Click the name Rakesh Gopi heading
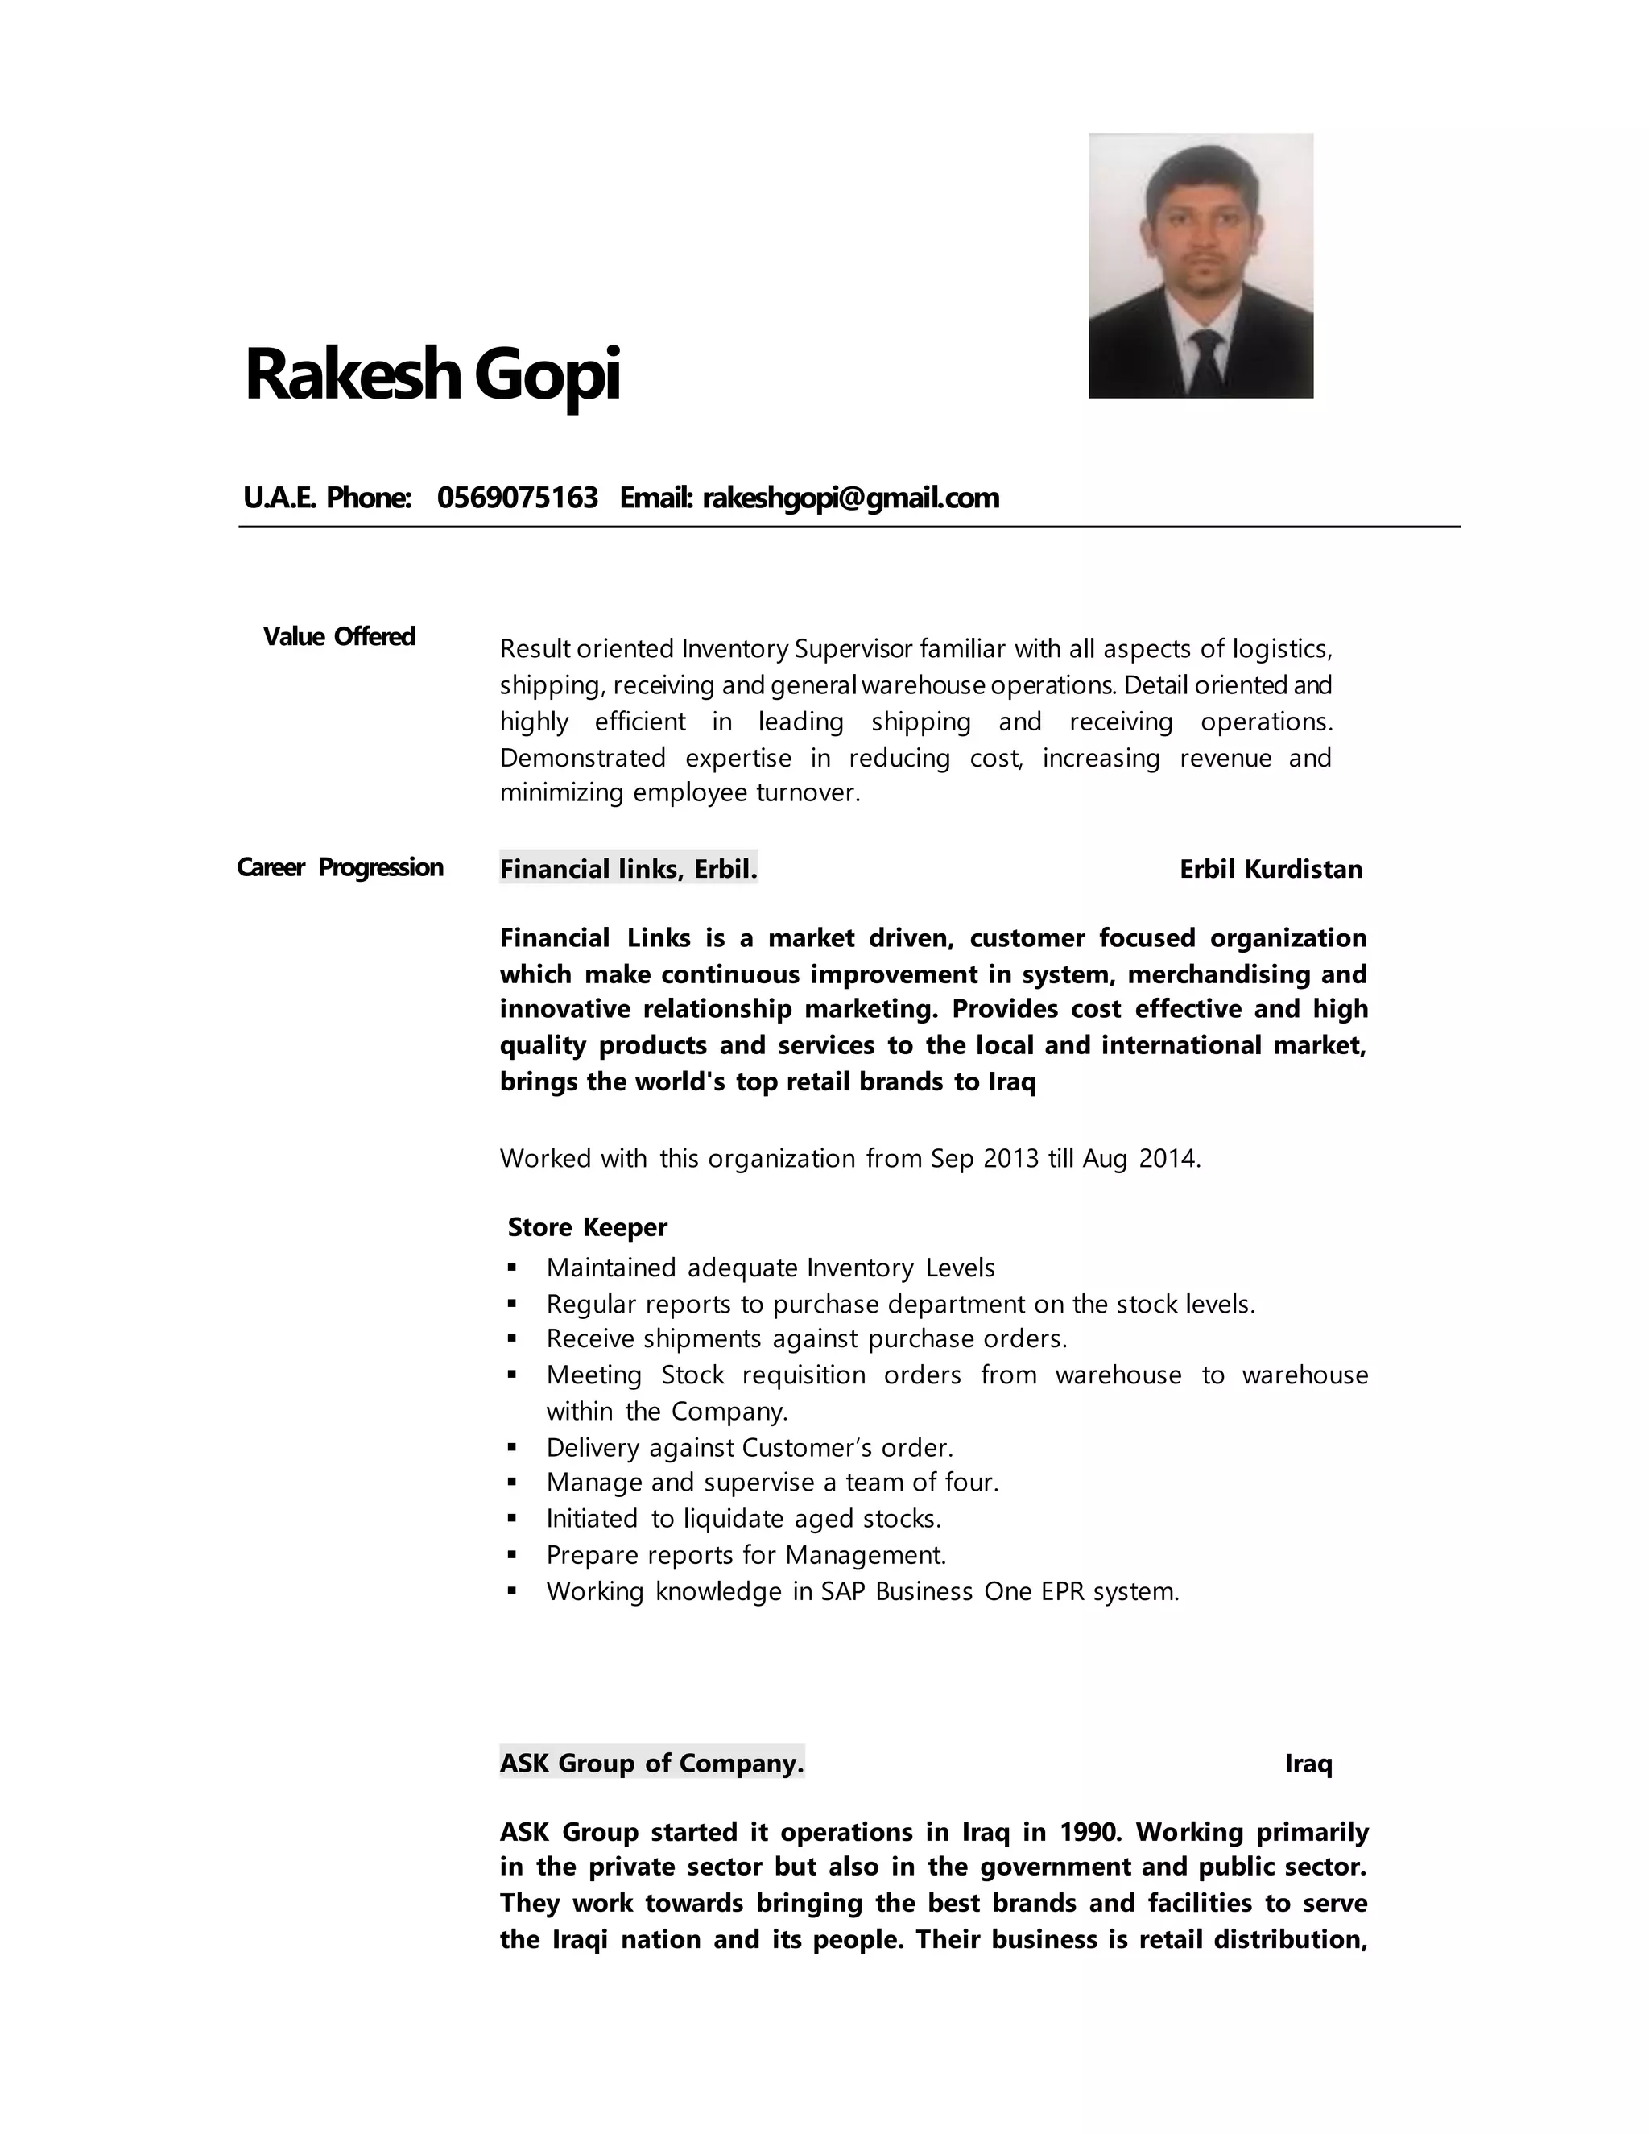(432, 374)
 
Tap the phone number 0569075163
(517, 498)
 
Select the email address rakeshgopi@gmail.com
(851, 498)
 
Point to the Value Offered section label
(339, 637)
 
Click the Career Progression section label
(340, 867)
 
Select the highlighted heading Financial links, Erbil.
(628, 869)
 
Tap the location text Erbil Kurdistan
(1270, 870)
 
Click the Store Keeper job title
(587, 1227)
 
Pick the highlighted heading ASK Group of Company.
(651, 1763)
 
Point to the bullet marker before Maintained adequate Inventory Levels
(512, 1268)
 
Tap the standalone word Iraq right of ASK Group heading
(1308, 1764)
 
